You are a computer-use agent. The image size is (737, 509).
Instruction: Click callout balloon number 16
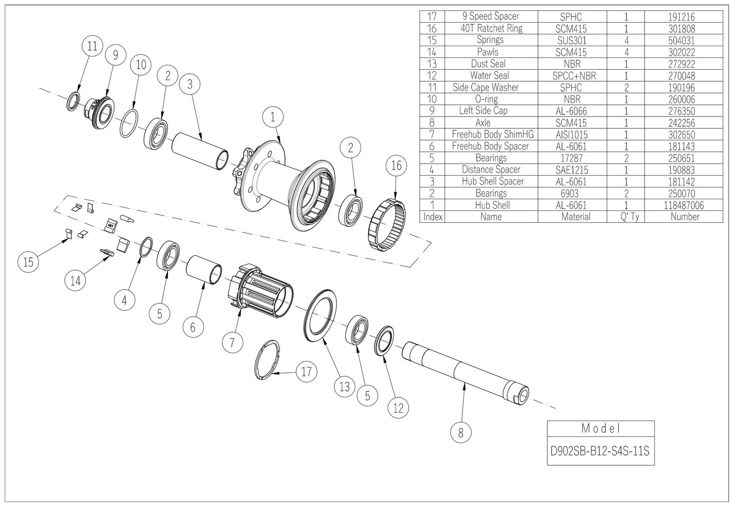[397, 166]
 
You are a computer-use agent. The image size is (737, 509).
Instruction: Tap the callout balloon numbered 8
[460, 433]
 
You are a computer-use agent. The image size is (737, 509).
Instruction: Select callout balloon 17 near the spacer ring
[306, 372]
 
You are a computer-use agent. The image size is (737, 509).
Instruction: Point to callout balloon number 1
[274, 118]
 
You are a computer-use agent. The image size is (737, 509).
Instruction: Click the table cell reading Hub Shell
[491, 205]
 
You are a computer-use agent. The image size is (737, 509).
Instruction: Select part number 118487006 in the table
[683, 205]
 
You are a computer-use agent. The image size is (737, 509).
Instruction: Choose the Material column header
[576, 216]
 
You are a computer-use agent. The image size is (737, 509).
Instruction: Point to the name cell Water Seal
[489, 76]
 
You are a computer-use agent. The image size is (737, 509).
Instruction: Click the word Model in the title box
[600, 428]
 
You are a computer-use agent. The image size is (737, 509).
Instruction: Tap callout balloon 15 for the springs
[28, 262]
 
